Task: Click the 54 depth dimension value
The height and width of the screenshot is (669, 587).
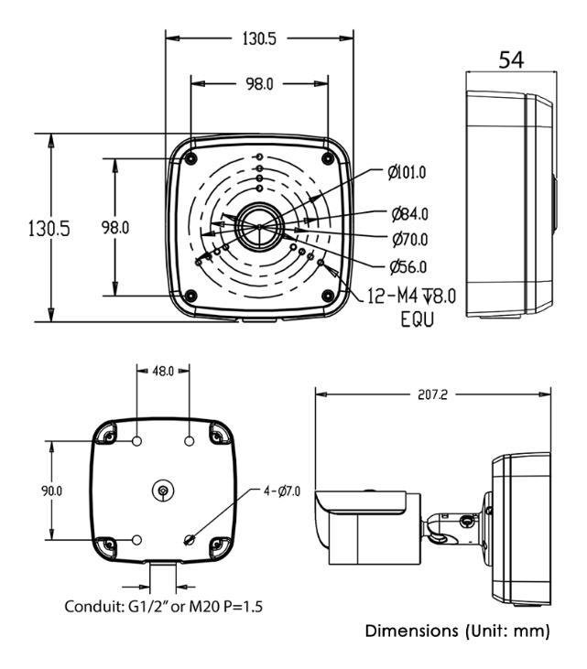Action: pos(512,61)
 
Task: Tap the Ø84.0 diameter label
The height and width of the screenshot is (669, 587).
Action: pos(409,215)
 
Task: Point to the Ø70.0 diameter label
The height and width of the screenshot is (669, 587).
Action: pos(409,240)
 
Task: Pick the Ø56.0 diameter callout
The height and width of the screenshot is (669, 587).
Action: pos(408,267)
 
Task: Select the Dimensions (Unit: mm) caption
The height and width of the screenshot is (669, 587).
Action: pos(457,632)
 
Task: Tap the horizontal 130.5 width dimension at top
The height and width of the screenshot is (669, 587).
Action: pos(259,38)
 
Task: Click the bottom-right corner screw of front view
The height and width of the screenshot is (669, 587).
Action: pos(327,295)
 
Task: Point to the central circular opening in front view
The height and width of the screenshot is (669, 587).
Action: pos(259,227)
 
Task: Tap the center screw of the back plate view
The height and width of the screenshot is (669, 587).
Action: pos(162,491)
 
